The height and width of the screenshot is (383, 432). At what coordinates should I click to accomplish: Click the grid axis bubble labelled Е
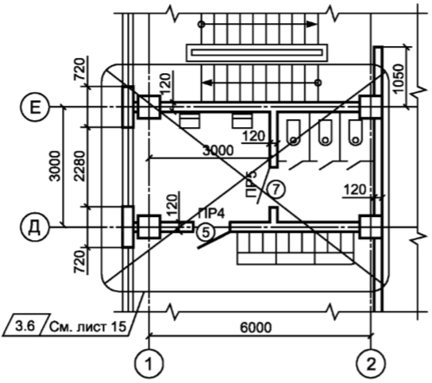coord(35,107)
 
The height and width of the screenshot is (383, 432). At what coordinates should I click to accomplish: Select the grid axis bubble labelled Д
coord(35,227)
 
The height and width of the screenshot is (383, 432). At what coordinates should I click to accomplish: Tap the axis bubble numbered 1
coord(149,365)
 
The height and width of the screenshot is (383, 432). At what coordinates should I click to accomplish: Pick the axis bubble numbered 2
coord(371,365)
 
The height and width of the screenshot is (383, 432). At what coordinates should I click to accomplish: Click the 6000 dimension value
coord(256,327)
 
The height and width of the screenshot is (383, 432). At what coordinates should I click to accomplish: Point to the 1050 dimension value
coord(399,79)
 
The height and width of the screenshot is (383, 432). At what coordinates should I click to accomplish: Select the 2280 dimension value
coord(80,166)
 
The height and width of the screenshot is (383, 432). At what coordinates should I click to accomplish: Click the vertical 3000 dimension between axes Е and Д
coord(55,166)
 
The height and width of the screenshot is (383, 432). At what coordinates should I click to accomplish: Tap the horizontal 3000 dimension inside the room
coord(218,151)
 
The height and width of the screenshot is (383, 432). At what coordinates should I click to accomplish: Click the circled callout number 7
coord(276,189)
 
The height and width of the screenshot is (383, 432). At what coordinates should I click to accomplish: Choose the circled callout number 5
coord(206,232)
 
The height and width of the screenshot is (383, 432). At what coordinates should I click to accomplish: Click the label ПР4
coord(211,214)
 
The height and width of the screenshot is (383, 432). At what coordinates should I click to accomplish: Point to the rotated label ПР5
coord(251,184)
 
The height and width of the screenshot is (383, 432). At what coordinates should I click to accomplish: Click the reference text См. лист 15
coord(87,327)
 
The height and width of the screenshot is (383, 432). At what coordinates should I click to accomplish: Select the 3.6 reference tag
coord(25,327)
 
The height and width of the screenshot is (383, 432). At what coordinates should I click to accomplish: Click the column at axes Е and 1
coord(149,107)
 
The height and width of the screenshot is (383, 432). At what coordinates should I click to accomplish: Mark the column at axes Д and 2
coord(370,227)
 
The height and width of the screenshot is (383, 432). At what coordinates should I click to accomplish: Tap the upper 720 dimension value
coord(80,69)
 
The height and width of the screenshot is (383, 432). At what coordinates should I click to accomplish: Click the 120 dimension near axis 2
coord(356,190)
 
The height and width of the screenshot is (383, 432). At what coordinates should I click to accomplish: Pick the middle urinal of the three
coord(325,133)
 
